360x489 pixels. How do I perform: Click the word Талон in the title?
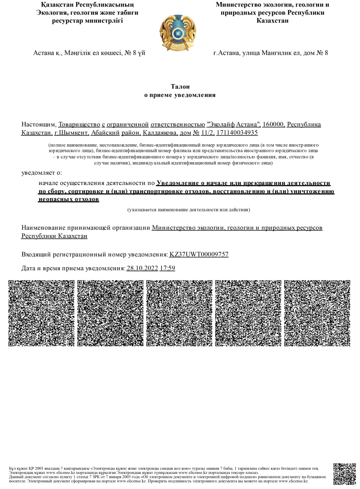click(180, 86)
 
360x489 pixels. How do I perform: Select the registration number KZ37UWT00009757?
click(199, 255)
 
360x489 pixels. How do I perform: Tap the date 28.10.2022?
click(142, 268)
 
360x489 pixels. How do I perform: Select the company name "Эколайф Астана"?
click(234, 124)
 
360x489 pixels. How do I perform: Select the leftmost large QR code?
click(42, 313)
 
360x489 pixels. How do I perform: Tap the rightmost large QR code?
click(317, 313)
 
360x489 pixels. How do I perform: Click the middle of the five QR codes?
click(179, 313)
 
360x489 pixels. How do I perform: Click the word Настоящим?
click(39, 124)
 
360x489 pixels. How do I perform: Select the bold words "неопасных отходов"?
click(68, 200)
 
